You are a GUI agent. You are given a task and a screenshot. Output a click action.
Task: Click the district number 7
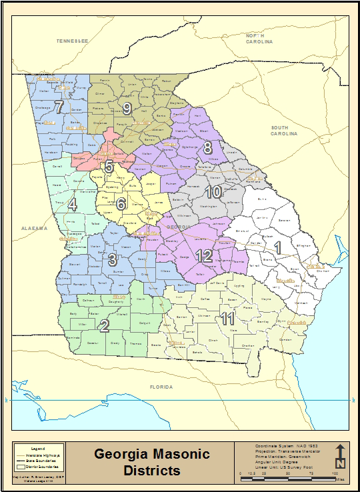coord(59,107)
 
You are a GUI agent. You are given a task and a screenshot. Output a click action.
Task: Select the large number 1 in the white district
coord(279,247)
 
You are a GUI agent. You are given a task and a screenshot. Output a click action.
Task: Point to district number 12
coord(205,255)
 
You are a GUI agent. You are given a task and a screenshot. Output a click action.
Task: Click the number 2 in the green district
coord(104,326)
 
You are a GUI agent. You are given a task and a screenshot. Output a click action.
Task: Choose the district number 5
coord(109,166)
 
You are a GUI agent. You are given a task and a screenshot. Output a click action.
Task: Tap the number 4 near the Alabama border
coord(72,204)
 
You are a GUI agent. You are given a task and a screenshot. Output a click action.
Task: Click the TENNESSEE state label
coord(72,41)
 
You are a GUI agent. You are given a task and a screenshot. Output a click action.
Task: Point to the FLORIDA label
coord(161,387)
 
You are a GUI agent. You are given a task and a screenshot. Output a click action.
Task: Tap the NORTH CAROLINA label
coord(259,38)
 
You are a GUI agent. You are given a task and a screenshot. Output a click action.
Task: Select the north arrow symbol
coord(340,456)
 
